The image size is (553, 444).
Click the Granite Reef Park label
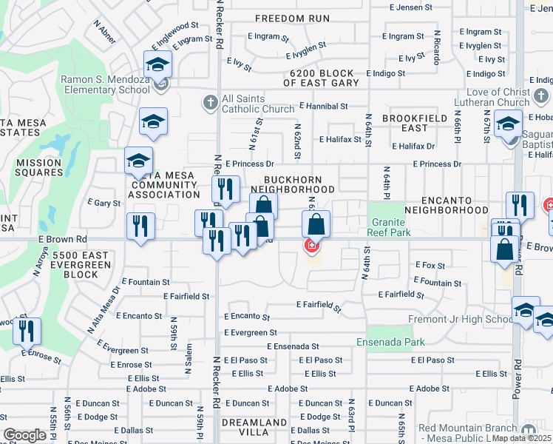[x=389, y=226]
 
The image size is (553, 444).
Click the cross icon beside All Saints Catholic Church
[x=211, y=103]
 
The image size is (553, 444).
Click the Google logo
[x=24, y=434]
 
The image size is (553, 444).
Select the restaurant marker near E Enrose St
[x=27, y=332]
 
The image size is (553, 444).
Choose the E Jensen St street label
[x=411, y=7]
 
